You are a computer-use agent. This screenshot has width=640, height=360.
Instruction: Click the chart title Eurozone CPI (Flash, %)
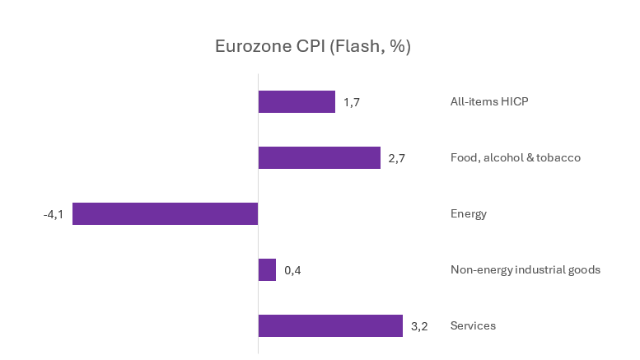coord(313,46)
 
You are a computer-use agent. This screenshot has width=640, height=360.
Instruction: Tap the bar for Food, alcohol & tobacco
coord(319,157)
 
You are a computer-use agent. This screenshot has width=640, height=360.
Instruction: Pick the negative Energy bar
coord(165,213)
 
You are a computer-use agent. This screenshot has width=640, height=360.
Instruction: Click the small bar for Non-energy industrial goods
coord(267,269)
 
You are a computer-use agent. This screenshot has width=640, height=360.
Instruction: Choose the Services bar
coord(330,325)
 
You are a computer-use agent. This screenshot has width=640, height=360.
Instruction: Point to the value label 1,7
coord(352,102)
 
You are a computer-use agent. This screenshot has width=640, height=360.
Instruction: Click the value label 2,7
coord(396,158)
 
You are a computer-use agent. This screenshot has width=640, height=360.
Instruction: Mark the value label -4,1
coord(54,214)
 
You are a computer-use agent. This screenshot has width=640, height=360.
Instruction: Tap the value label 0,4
coord(293,270)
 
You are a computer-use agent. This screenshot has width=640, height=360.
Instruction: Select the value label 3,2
coord(419,326)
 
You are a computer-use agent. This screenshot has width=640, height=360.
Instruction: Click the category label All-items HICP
coord(489,102)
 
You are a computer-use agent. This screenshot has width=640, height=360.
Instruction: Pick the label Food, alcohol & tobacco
coord(516,157)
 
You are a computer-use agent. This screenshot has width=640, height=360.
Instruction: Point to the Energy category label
coord(469,213)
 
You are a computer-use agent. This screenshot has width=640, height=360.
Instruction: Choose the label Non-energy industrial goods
coord(525,269)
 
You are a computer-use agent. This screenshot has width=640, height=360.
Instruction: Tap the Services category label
coord(473,325)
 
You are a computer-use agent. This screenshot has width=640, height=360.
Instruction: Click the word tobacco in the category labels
coord(560,157)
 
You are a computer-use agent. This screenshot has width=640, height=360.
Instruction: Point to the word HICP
coord(513,102)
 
